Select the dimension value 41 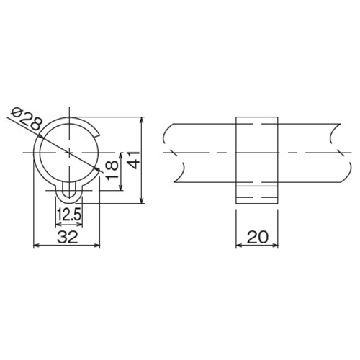(x=133, y=160)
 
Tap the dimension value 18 (x=112, y=170)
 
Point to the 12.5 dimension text (x=70, y=215)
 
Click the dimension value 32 (x=68, y=237)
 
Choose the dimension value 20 (x=257, y=237)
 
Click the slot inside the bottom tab (x=69, y=190)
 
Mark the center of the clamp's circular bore (x=69, y=153)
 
